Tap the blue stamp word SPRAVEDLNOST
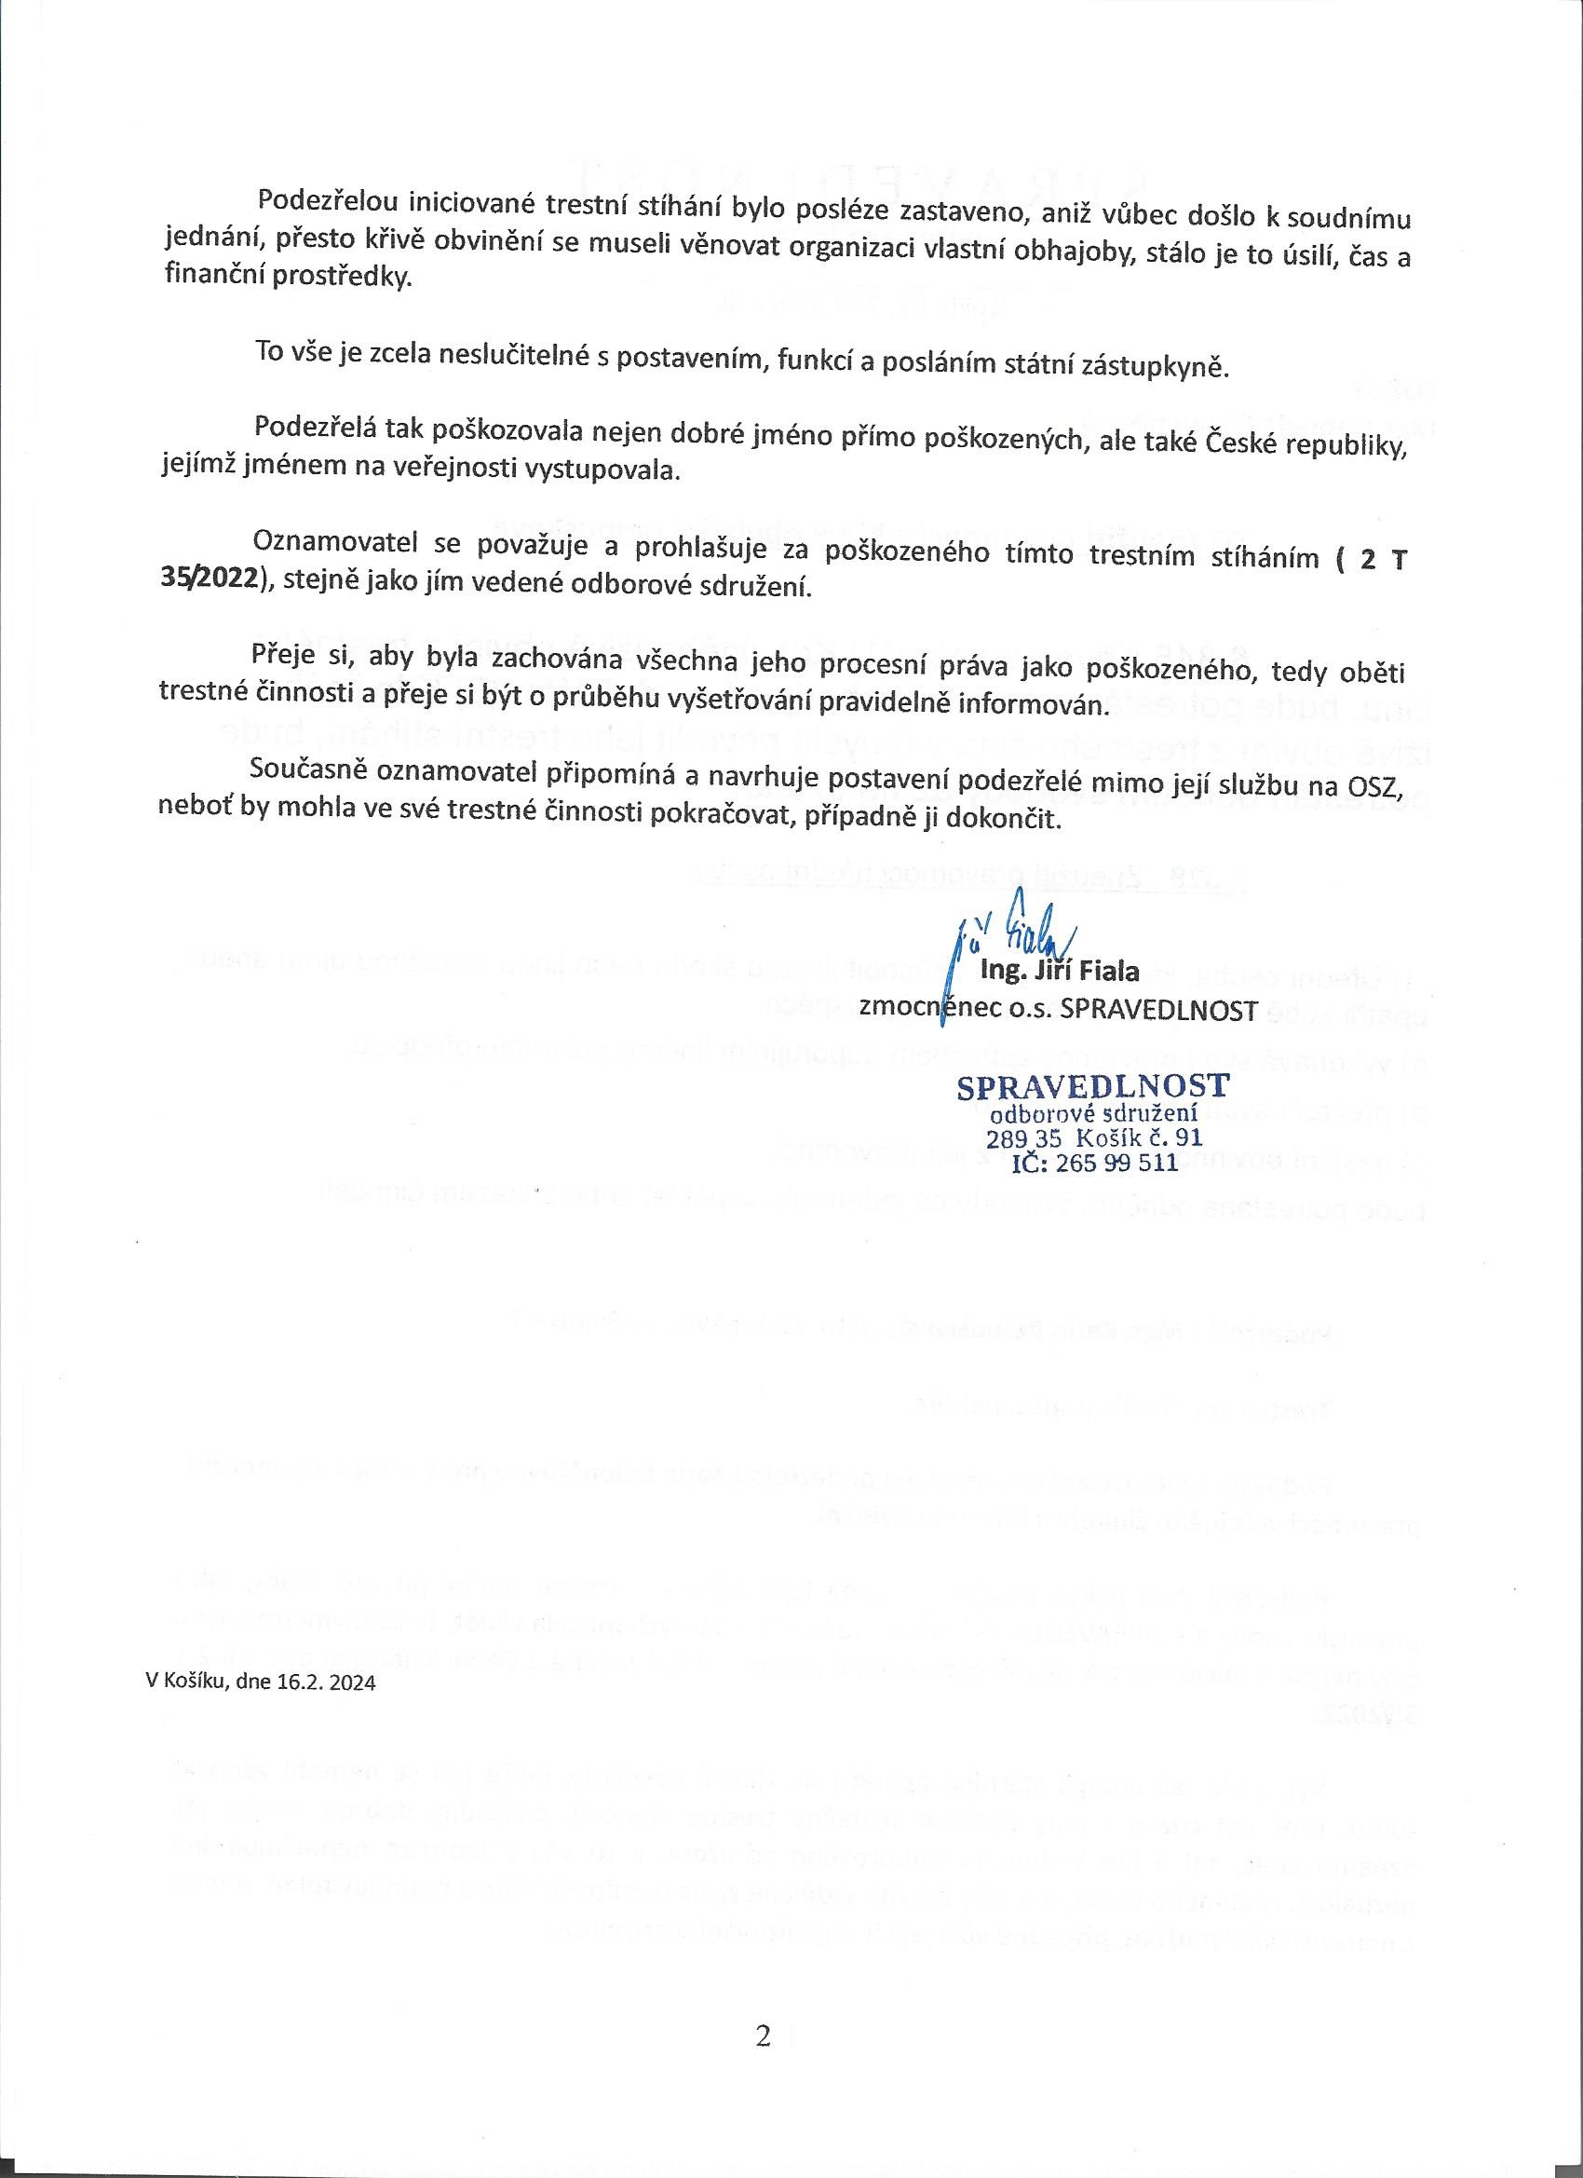[x=1092, y=1086]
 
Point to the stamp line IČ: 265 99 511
[x=1094, y=1164]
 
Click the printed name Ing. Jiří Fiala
[x=1059, y=971]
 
